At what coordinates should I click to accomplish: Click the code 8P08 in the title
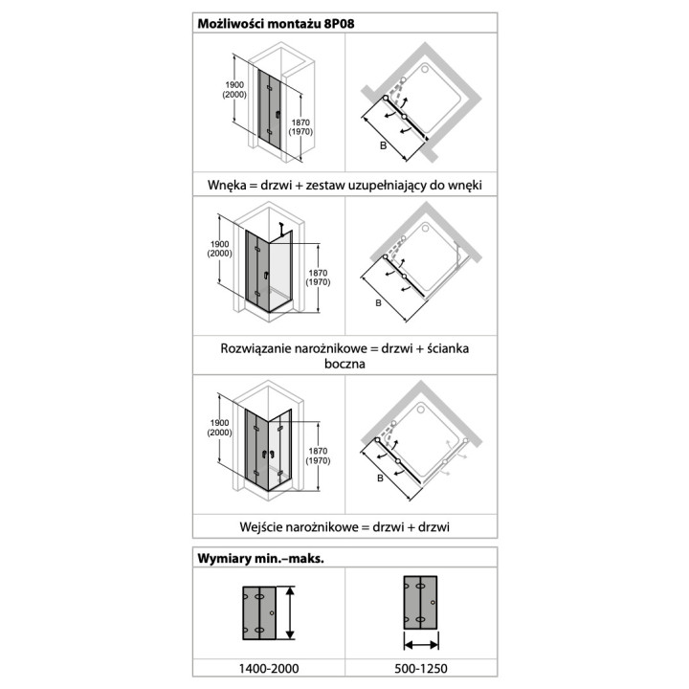point(339,23)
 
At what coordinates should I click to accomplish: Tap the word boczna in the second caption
point(344,364)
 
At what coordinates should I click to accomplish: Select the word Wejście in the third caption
point(260,527)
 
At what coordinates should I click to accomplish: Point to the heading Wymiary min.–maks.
point(260,559)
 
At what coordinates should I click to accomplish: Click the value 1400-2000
point(269,668)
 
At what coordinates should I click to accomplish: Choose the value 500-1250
point(421,668)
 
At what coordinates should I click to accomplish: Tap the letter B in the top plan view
point(383,145)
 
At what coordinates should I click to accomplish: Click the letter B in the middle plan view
point(378,302)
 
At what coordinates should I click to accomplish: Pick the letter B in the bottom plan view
point(381,478)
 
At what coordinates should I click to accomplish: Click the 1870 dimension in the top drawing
point(300,122)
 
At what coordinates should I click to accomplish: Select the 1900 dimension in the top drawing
point(234,85)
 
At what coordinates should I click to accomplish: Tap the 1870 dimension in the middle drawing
point(318,273)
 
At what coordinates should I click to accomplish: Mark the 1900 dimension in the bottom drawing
point(219,423)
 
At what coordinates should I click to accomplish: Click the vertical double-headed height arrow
point(290,612)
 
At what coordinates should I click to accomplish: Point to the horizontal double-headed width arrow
point(421,645)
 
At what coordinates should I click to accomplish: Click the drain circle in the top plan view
point(425,69)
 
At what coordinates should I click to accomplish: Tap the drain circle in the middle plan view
point(425,229)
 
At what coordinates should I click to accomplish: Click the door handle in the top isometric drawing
point(278,115)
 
